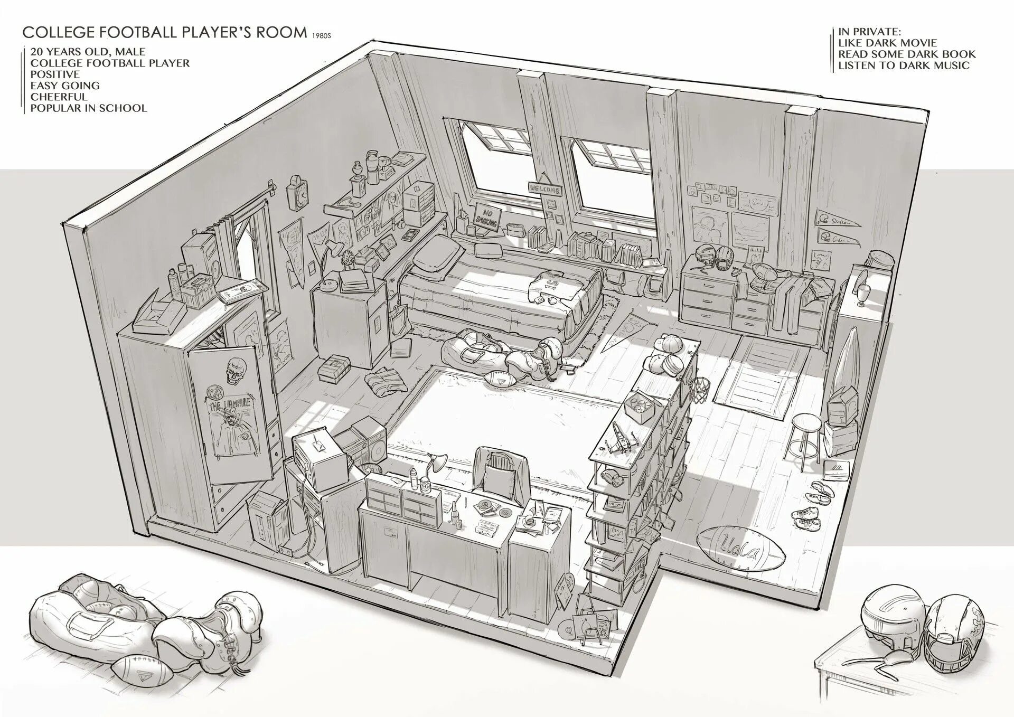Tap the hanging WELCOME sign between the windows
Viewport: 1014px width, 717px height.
(x=544, y=187)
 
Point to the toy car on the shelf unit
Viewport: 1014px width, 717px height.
(x=613, y=478)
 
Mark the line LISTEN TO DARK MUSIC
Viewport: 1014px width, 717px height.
(x=904, y=65)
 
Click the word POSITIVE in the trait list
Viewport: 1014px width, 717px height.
(x=55, y=74)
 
